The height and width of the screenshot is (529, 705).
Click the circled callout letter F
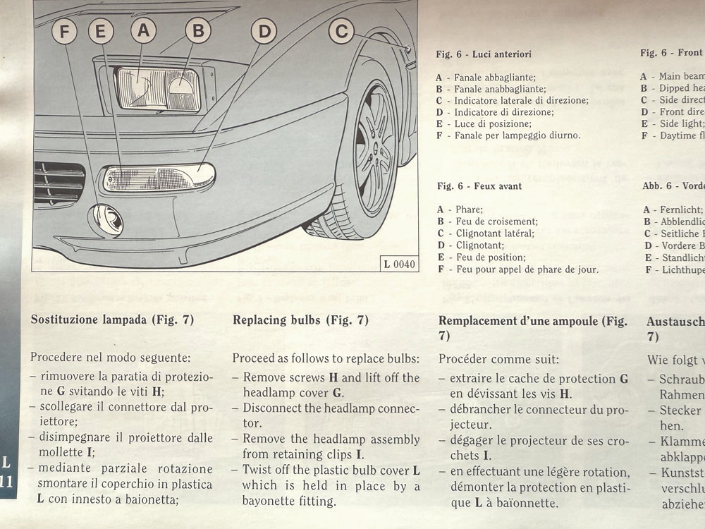pyautogui.click(x=65, y=31)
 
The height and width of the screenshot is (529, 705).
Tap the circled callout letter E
pyautogui.click(x=101, y=31)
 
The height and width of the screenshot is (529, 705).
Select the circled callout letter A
pyautogui.click(x=144, y=30)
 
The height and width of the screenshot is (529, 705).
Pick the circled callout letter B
pyautogui.click(x=198, y=30)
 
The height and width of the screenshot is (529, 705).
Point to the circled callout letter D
pyautogui.click(x=264, y=31)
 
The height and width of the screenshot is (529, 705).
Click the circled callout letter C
pyautogui.click(x=341, y=30)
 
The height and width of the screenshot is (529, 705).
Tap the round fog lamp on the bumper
pyautogui.click(x=108, y=219)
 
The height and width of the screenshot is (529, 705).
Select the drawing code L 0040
pyautogui.click(x=399, y=264)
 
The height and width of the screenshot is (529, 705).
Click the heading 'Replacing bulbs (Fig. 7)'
pyautogui.click(x=300, y=320)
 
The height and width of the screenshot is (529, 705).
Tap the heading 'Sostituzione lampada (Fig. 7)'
pyautogui.click(x=112, y=320)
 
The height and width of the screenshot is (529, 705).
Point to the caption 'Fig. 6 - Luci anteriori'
pyautogui.click(x=484, y=54)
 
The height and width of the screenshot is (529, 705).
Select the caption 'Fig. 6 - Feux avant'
pyautogui.click(x=479, y=186)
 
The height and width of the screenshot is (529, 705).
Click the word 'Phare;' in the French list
pyautogui.click(x=469, y=209)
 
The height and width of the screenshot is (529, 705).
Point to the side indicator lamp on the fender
pyautogui.click(x=408, y=49)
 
